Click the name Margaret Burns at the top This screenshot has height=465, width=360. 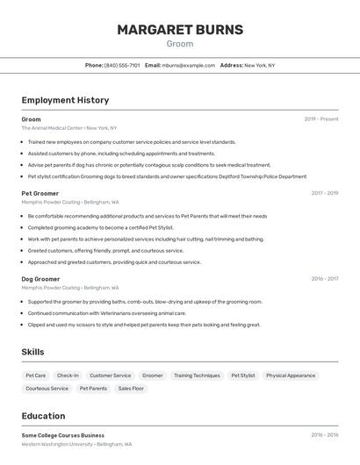(x=180, y=30)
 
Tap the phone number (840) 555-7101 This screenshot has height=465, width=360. (x=122, y=65)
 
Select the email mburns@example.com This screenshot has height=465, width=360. (x=189, y=65)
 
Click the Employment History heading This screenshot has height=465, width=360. (x=65, y=100)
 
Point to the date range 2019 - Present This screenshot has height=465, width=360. (x=320, y=119)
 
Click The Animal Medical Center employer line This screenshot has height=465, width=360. (x=69, y=128)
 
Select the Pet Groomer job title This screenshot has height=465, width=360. (x=40, y=193)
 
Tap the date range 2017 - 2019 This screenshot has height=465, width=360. (x=324, y=193)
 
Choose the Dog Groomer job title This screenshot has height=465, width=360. (x=40, y=279)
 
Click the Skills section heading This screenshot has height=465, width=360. (x=32, y=352)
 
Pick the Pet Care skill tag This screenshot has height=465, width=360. (x=36, y=376)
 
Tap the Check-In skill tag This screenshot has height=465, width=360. (x=68, y=376)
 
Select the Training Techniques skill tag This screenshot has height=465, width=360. (x=197, y=376)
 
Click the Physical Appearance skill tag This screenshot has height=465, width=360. (x=291, y=376)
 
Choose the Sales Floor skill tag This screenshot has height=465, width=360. (x=131, y=388)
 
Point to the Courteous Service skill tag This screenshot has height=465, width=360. (x=47, y=388)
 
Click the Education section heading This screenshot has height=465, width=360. (x=43, y=416)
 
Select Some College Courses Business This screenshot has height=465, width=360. (x=63, y=435)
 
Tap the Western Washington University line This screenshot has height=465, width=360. (x=76, y=444)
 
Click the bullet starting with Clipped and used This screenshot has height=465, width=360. (x=144, y=325)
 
